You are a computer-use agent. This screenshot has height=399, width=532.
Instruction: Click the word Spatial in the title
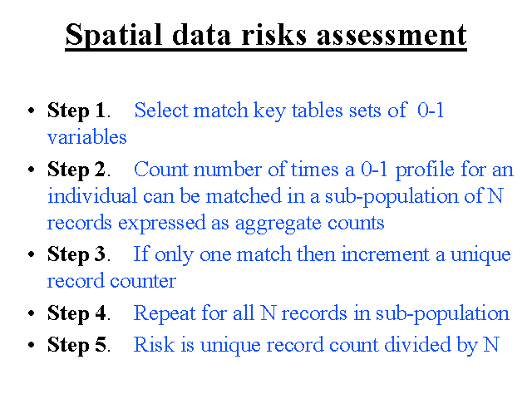click(113, 36)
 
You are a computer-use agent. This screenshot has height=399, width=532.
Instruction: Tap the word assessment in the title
click(392, 36)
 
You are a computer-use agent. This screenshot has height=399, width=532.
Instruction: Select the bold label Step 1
click(76, 111)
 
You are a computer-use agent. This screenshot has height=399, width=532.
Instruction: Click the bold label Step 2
click(76, 170)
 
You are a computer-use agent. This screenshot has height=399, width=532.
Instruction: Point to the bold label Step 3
click(76, 254)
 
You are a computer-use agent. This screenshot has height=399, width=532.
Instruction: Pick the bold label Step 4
click(76, 313)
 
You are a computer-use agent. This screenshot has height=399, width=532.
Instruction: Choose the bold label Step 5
click(76, 345)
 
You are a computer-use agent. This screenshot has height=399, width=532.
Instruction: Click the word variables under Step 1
click(86, 136)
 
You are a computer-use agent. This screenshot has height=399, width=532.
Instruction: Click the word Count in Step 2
click(160, 169)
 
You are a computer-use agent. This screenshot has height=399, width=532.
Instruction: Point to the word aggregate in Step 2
click(278, 224)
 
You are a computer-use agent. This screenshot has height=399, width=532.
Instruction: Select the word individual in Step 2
click(92, 196)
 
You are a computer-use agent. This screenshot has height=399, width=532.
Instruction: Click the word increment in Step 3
click(386, 254)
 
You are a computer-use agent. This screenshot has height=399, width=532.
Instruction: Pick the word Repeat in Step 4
click(165, 313)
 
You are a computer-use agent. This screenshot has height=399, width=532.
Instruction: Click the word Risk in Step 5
click(154, 344)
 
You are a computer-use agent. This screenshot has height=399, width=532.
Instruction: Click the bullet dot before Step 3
click(32, 255)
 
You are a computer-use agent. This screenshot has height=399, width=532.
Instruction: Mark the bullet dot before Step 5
click(32, 345)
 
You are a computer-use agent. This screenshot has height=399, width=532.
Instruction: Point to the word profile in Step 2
click(425, 170)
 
